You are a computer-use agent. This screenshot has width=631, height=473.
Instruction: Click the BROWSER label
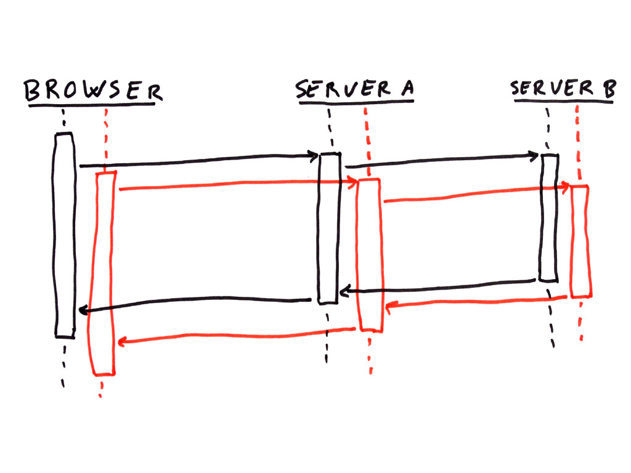(93, 91)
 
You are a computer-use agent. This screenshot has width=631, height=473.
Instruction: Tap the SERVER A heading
(354, 89)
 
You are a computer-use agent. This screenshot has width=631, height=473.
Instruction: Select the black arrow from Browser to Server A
(197, 161)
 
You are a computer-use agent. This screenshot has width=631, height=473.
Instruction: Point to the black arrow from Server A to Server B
(441, 161)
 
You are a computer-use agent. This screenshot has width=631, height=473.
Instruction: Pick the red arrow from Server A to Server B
(474, 194)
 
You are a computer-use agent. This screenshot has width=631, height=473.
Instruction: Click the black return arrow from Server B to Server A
(438, 286)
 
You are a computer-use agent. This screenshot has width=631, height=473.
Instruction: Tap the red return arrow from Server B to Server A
(474, 302)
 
